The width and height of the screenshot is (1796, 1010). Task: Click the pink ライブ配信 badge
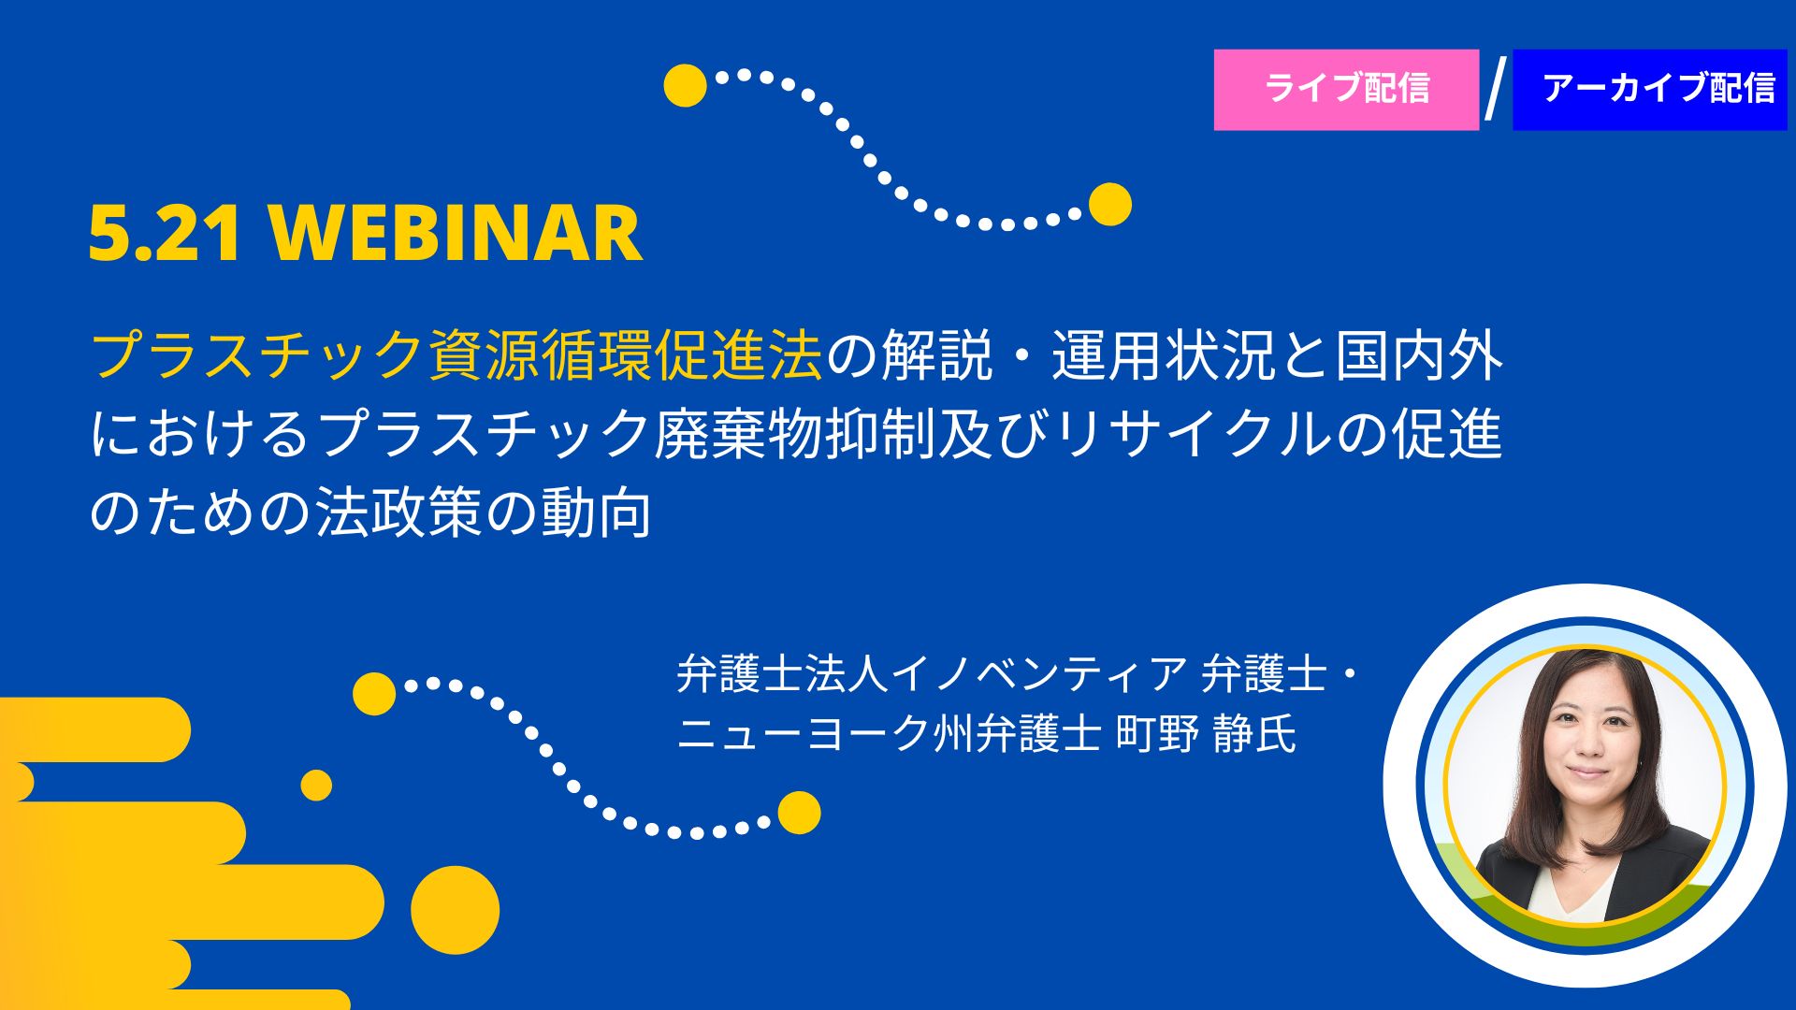pos(1346,90)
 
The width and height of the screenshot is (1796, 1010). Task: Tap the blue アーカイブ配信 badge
pos(1649,90)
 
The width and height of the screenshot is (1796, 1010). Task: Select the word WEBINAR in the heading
pos(456,233)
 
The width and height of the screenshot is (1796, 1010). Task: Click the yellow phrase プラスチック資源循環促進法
pos(456,356)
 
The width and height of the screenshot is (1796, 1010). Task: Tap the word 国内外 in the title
pos(1419,356)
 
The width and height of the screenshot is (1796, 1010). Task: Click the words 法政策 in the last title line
pos(398,512)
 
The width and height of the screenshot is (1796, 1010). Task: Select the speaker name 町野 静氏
pos(1207,732)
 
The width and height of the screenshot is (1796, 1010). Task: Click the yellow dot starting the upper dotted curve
pos(686,85)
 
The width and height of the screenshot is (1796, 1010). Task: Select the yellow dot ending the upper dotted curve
pos(1110,204)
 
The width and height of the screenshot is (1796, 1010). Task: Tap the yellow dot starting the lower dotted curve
pos(374,694)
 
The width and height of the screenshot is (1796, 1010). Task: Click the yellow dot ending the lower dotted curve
pos(799,813)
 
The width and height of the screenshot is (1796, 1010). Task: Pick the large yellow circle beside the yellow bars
pos(456,910)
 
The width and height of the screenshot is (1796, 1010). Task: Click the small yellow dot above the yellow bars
pos(316,786)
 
